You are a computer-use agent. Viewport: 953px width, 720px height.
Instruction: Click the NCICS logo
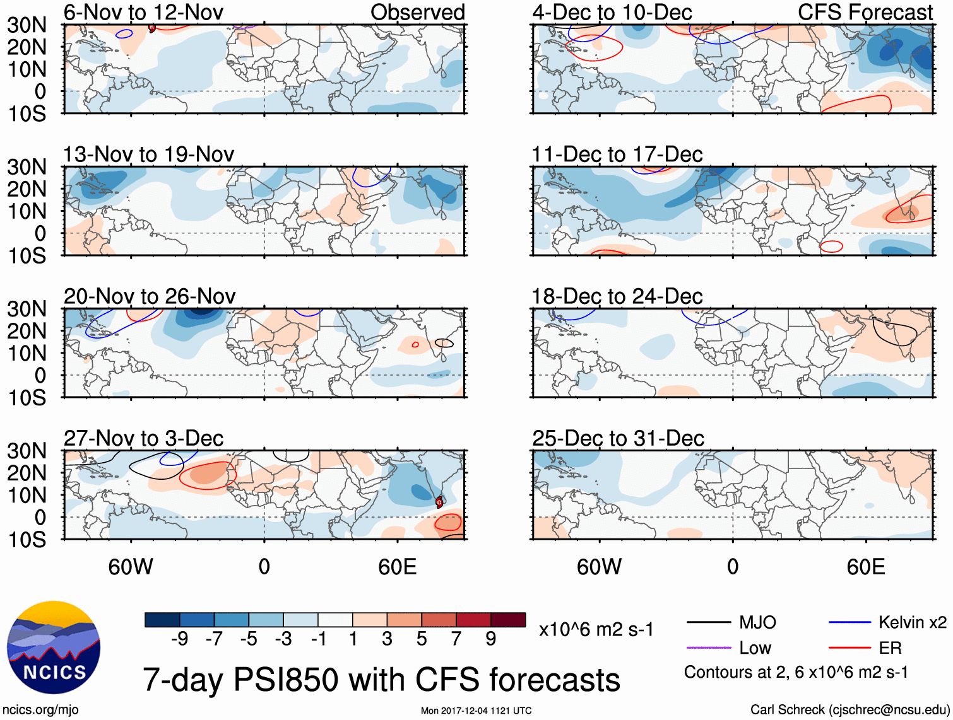click(x=54, y=648)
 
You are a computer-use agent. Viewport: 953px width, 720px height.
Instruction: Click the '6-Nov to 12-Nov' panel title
click(x=143, y=12)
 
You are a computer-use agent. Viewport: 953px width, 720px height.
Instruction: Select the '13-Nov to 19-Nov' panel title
click(x=148, y=154)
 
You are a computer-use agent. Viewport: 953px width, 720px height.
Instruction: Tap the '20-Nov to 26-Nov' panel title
click(x=150, y=296)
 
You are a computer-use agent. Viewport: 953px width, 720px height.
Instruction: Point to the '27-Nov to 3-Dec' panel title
click(x=143, y=438)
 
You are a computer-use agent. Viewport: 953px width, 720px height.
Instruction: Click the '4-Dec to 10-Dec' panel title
click(x=612, y=12)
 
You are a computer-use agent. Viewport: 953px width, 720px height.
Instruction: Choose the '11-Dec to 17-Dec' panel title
click(x=617, y=154)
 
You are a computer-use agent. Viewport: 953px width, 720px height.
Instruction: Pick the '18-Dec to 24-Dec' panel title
click(x=617, y=296)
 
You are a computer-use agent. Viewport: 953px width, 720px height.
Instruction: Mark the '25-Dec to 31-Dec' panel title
click(x=618, y=438)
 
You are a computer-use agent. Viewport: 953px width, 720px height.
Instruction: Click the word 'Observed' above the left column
click(x=417, y=12)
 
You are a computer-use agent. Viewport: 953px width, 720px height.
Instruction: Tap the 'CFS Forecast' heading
click(x=865, y=12)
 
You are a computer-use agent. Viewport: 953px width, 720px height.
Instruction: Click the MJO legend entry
click(x=757, y=623)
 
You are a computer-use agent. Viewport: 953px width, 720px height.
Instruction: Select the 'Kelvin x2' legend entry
click(x=912, y=623)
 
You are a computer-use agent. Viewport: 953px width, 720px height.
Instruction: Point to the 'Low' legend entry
click(x=755, y=648)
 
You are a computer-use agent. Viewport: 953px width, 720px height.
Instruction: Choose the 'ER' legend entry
click(x=890, y=648)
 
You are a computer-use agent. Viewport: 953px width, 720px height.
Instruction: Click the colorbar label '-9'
click(x=179, y=639)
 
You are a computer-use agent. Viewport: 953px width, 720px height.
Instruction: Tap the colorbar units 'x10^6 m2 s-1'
click(x=596, y=630)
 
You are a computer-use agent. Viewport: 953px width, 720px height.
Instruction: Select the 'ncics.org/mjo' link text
click(x=40, y=710)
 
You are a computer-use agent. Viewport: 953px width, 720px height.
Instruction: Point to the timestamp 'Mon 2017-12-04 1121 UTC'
click(x=476, y=711)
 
